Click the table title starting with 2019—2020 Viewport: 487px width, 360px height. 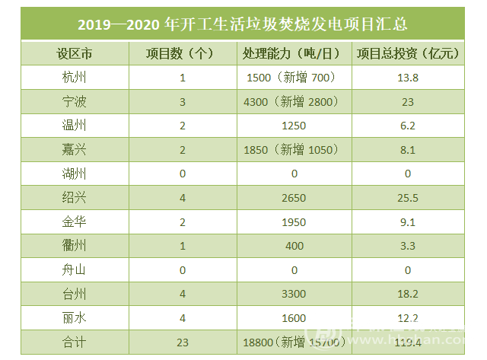(x=243, y=24)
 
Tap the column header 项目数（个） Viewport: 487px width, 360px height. (x=183, y=54)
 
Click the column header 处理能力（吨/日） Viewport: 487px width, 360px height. (x=292, y=54)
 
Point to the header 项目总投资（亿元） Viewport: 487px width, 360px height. (x=408, y=54)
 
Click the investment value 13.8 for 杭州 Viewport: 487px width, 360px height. (x=408, y=78)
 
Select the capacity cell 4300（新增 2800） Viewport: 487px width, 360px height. (x=292, y=101)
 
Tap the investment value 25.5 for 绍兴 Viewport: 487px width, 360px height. (x=408, y=198)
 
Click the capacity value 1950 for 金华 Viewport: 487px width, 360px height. (x=292, y=222)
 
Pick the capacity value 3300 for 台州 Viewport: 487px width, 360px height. (x=292, y=294)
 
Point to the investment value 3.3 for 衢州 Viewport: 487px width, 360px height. (x=408, y=246)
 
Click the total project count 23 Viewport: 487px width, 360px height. (x=183, y=342)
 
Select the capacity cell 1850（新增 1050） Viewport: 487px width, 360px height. (x=292, y=150)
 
